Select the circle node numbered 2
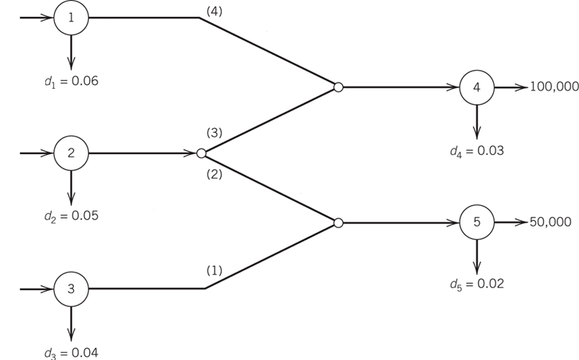[x=71, y=153]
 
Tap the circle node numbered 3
[x=71, y=289]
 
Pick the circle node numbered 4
[x=476, y=87]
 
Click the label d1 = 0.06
[x=72, y=81]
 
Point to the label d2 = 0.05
[x=72, y=216]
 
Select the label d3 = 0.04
[x=72, y=352]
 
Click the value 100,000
[x=554, y=87]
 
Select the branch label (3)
[x=213, y=132]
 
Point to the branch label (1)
[x=213, y=270]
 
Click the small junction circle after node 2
[x=201, y=153]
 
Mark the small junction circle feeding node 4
[x=338, y=87]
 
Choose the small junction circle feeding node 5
[x=338, y=223]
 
